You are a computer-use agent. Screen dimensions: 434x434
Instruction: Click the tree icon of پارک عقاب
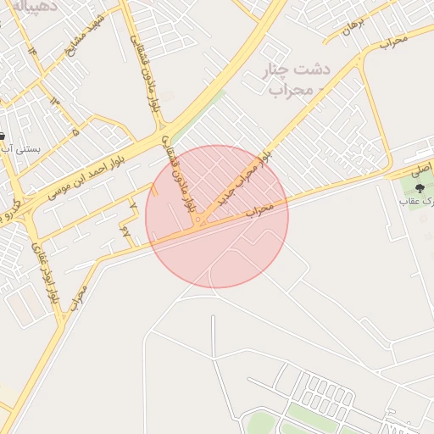click(x=420, y=187)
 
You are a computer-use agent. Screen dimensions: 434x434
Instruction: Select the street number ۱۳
click(x=56, y=102)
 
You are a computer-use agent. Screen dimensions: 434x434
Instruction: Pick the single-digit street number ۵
click(x=75, y=132)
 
